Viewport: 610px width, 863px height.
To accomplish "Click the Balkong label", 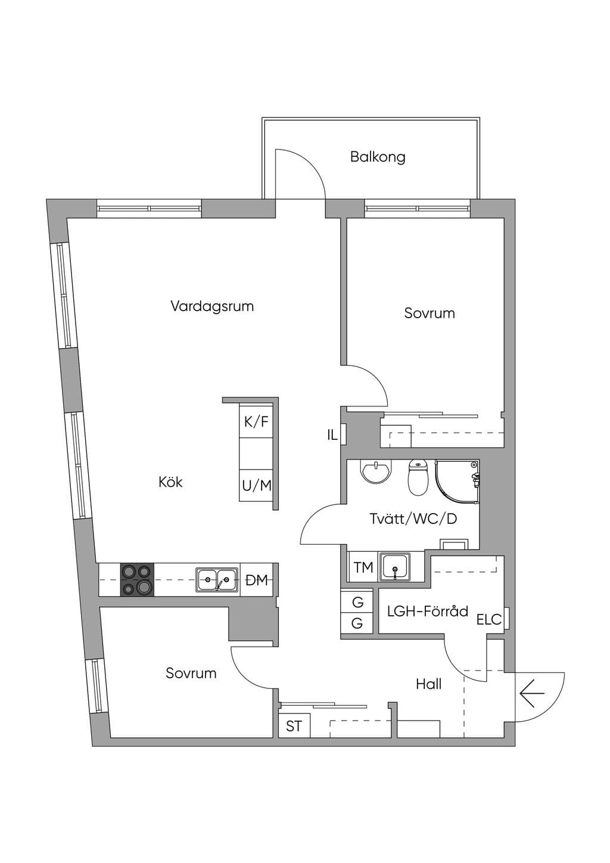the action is tap(378, 157).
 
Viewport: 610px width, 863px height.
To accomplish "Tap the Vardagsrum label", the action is tap(212, 307).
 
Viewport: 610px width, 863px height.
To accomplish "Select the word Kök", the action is tap(170, 482).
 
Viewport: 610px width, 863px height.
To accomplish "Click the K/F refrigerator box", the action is tap(256, 421).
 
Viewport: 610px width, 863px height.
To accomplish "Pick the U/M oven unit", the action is tap(256, 485).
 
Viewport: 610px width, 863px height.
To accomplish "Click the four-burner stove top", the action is tap(137, 580).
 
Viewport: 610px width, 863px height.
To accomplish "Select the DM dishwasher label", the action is tap(257, 580).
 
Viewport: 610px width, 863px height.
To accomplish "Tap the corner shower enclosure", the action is tap(457, 482).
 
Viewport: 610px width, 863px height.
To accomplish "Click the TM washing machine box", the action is tap(363, 567).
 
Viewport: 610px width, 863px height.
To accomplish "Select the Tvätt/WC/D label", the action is tap(413, 519).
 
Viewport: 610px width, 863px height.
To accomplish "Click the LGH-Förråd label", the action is tap(428, 611).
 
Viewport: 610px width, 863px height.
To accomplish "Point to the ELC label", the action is tap(489, 619).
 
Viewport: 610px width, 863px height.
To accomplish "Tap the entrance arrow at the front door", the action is tap(532, 693).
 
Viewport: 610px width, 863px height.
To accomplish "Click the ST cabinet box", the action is tap(294, 726).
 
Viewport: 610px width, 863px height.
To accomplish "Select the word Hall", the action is tap(429, 684).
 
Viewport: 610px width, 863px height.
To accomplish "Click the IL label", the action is tap(332, 435).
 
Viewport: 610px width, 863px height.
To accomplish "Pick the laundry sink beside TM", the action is tap(395, 567).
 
